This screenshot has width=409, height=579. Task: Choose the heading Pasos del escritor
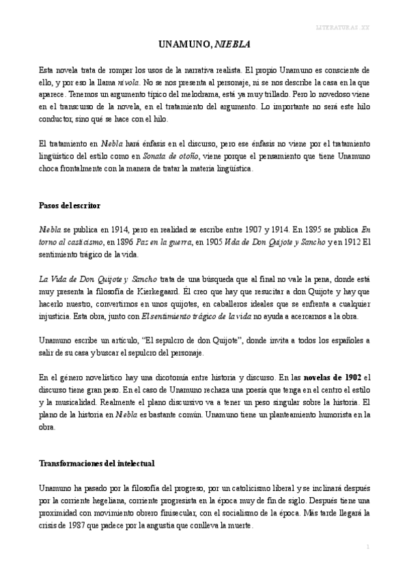click(x=70, y=204)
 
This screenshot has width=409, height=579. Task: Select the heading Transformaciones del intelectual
click(x=96, y=464)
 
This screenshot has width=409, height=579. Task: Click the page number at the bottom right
click(x=367, y=548)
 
